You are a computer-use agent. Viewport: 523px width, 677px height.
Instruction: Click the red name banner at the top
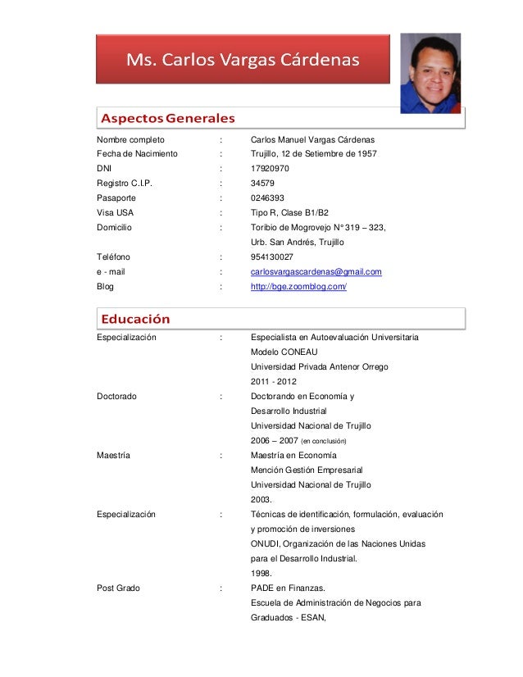click(x=243, y=59)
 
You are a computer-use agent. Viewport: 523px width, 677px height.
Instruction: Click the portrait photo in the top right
click(x=430, y=73)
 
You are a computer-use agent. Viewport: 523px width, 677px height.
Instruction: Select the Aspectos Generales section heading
click(x=167, y=117)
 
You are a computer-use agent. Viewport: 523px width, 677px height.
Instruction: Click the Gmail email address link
click(x=316, y=271)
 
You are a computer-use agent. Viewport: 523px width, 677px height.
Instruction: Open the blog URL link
click(x=298, y=287)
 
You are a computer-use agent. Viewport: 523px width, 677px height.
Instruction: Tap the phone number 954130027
click(x=271, y=257)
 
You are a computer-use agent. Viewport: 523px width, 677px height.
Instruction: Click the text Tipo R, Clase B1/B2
click(x=289, y=213)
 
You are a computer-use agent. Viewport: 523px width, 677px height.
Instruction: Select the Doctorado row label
click(x=116, y=396)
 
